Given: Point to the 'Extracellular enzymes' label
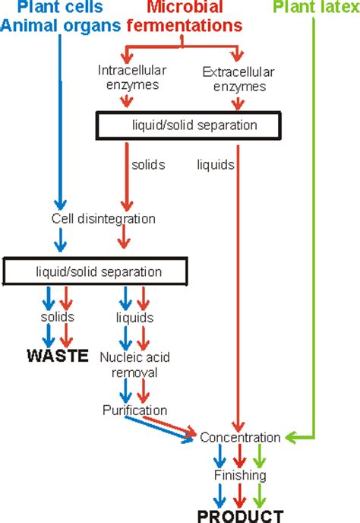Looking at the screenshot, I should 237,79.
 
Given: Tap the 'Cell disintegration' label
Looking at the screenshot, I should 103,219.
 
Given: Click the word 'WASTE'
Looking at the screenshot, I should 58,354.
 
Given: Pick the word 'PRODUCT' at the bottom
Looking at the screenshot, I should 240,516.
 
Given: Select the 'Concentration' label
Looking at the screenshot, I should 240,438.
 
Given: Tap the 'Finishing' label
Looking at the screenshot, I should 240,476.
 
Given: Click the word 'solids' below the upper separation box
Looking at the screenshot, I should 148,164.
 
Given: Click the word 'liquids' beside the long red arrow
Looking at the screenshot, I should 215,164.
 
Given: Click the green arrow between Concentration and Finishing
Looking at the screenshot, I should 261,457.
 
